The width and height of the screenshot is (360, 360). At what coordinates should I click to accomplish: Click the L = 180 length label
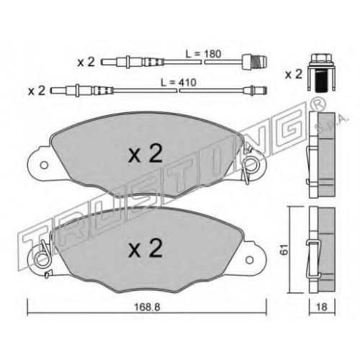point(203,54)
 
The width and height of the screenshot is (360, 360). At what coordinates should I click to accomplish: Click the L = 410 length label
point(179,83)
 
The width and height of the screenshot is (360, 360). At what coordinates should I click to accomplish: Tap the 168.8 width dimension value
point(147,307)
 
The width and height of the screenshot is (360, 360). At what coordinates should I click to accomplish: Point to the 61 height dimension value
point(284,250)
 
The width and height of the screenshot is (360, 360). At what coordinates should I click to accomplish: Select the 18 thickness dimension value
point(322,307)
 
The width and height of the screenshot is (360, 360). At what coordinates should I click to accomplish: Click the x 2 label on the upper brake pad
point(145,154)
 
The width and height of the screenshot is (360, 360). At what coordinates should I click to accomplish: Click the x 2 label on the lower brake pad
point(145,248)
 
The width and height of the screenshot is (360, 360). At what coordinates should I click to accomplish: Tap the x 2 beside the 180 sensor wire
point(86,62)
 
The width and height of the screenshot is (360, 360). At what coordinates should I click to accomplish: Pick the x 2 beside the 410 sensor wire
point(37,91)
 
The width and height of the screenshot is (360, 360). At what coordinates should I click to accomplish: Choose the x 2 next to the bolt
point(293,74)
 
